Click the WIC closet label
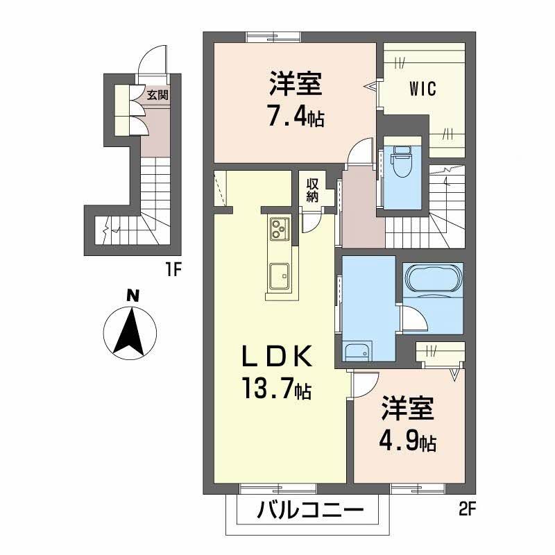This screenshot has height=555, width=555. [x=422, y=89]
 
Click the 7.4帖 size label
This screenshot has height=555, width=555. [x=295, y=114]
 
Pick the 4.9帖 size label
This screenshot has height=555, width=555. [x=407, y=441]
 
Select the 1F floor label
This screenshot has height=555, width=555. [x=173, y=269]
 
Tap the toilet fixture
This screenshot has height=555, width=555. [x=402, y=161]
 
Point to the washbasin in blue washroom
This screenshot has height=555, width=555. [x=357, y=352]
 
